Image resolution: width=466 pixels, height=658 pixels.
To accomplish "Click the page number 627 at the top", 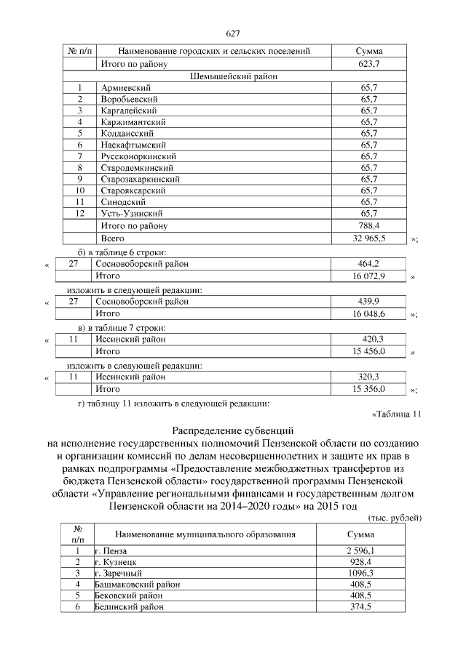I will (233, 33).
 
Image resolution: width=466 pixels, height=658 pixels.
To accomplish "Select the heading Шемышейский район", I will (232, 76).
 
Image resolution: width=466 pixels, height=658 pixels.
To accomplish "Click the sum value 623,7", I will (369, 64).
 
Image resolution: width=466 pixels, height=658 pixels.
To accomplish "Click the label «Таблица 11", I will (396, 415).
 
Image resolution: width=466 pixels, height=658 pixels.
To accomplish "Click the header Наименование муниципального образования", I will (205, 534).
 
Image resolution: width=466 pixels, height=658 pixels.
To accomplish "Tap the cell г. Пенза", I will (110, 551).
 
